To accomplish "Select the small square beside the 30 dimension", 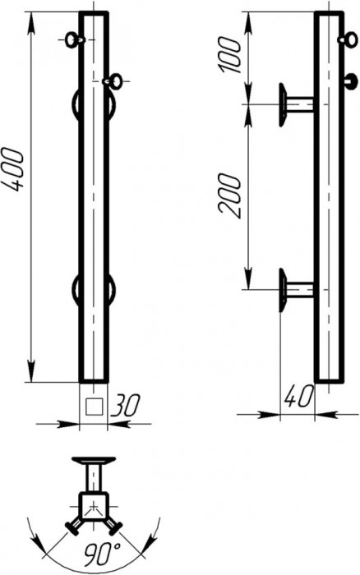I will [95, 404].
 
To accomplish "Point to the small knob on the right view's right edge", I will [351, 80].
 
